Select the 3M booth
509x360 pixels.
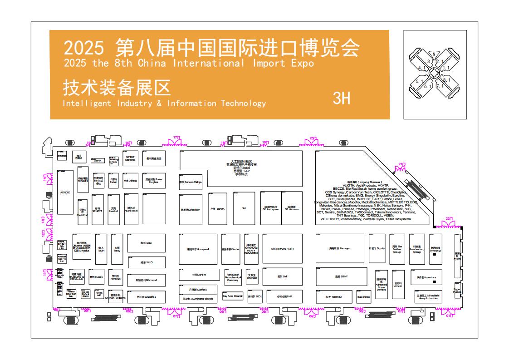click(244, 208)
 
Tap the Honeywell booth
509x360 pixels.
click(198, 249)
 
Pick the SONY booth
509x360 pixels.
click(341, 276)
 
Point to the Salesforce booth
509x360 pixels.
click(364, 297)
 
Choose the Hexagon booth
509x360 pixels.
click(340, 248)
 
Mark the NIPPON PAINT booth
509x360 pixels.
click(282, 249)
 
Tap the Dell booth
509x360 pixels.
click(282, 276)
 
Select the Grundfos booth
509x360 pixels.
click(147, 297)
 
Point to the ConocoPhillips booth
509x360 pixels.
click(191, 182)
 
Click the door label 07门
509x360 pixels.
click(176, 316)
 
